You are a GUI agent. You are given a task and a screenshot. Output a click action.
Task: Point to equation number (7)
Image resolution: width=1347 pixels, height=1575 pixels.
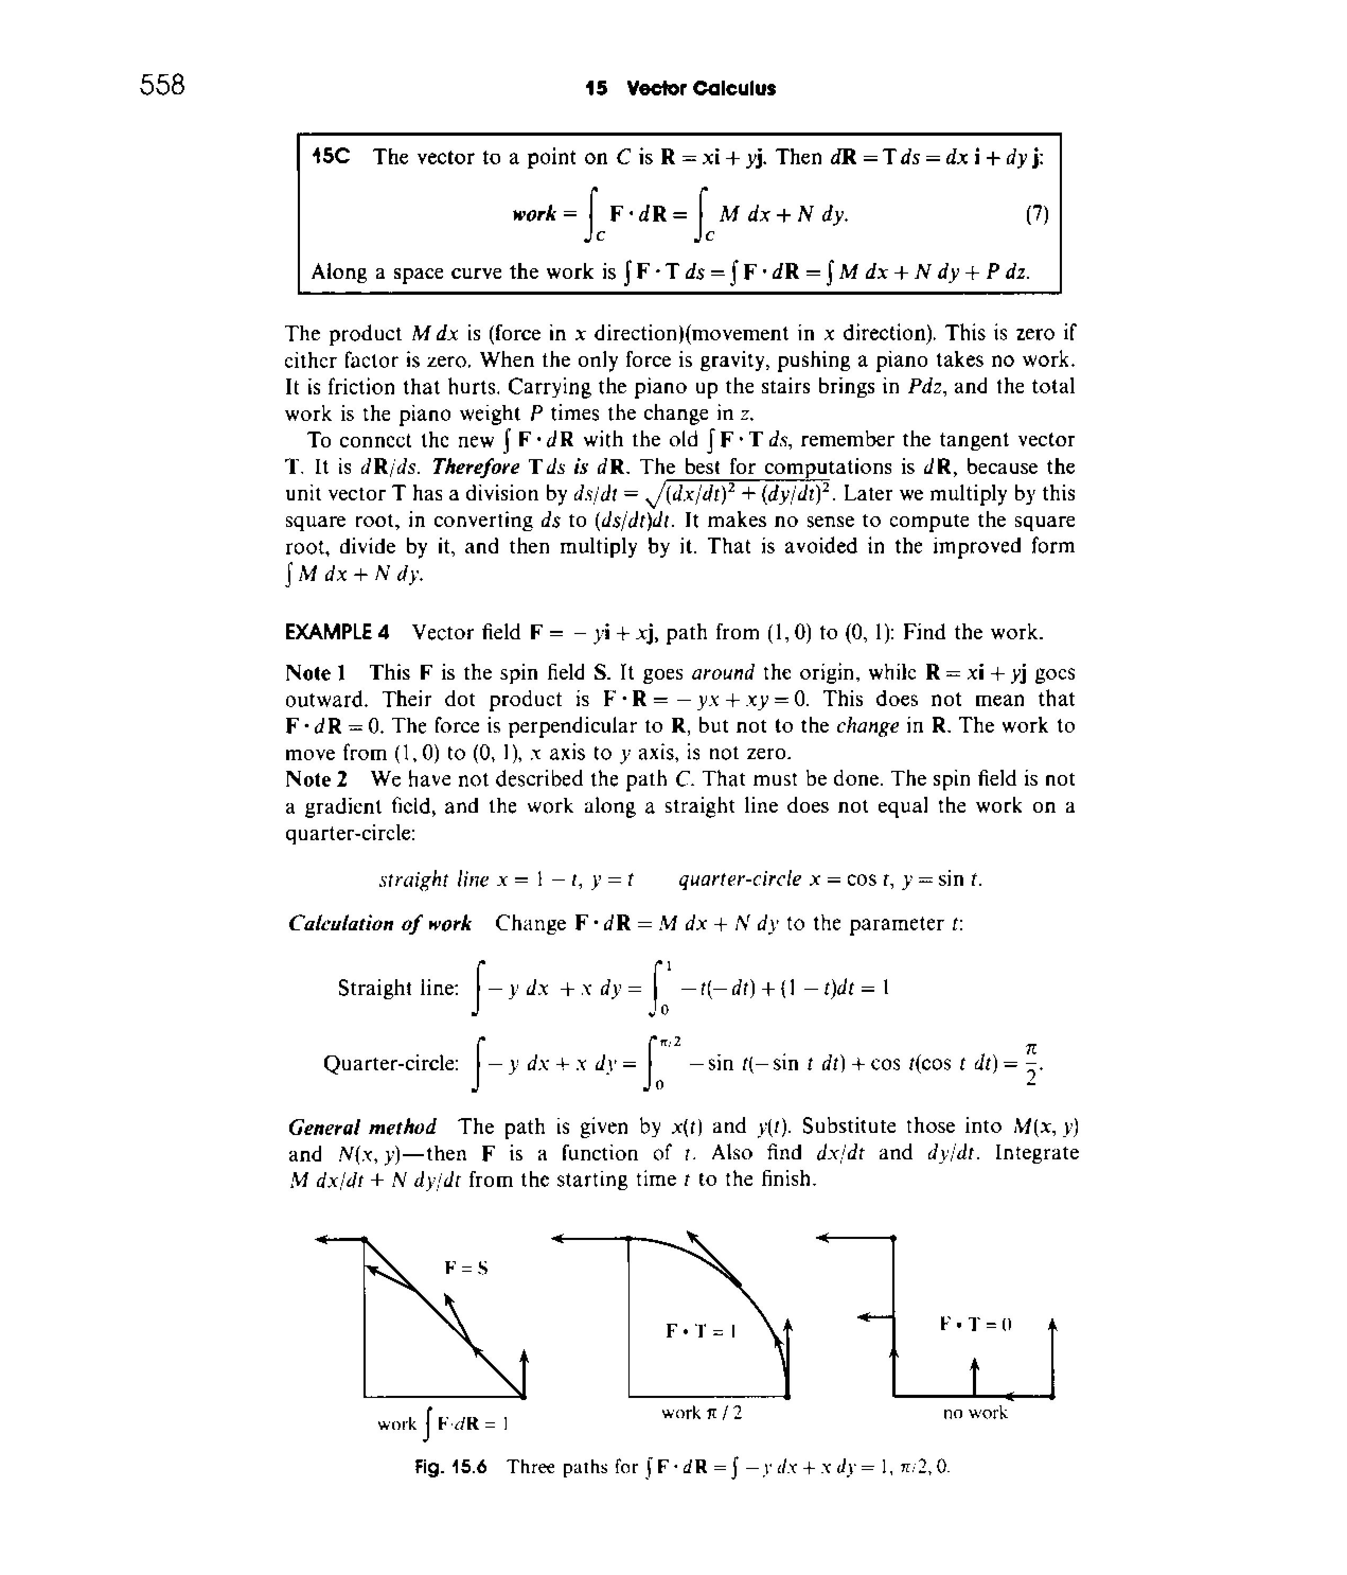(1036, 215)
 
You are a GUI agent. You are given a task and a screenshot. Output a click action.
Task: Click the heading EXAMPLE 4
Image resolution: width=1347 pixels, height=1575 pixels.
(336, 632)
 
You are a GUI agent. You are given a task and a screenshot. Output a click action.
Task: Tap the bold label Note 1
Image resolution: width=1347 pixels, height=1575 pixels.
(316, 673)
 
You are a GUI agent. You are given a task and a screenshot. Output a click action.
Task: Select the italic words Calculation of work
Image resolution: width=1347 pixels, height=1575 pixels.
(380, 923)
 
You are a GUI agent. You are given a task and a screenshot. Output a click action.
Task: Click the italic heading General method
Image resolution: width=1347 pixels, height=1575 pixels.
(362, 1127)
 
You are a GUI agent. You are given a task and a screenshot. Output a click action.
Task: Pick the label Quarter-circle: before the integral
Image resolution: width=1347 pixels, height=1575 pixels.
(391, 1063)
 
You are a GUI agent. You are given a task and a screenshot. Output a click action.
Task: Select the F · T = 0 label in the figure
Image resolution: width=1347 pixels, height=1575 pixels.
(976, 1323)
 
